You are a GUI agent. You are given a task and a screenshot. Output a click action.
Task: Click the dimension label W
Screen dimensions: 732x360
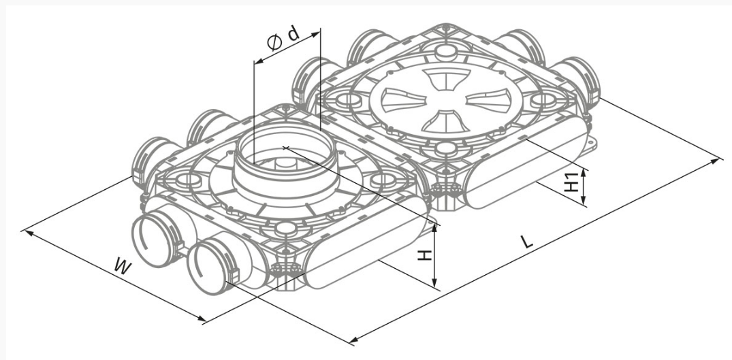123,267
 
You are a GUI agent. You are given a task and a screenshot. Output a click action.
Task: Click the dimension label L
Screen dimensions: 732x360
527,242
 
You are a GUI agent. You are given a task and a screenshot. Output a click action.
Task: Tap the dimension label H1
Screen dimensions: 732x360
571,182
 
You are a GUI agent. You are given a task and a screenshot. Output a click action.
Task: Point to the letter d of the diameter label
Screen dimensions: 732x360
293,34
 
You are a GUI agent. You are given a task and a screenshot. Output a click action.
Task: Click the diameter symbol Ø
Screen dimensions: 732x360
274,43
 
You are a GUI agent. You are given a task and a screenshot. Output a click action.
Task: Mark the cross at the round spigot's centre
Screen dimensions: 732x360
286,148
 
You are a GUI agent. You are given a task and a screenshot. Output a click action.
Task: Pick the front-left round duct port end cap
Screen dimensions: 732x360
155,242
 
